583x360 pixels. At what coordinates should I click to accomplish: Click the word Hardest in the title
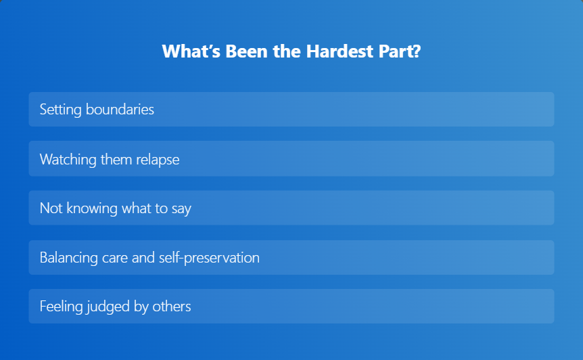coord(340,51)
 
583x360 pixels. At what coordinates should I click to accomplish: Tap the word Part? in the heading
coord(400,51)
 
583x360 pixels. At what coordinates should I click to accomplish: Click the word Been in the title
coord(246,51)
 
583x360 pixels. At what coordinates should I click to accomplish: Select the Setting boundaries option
coord(291,110)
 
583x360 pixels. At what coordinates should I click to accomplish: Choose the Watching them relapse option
coord(291,158)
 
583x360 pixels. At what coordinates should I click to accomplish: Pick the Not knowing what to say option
coord(291,208)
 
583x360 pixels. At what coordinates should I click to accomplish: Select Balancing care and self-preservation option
coord(291,257)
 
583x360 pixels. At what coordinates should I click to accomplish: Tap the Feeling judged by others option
coord(291,306)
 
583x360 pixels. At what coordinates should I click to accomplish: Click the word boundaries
coord(120,110)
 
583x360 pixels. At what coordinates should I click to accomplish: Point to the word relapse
coord(158,160)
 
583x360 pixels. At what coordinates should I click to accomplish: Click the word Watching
coord(68,160)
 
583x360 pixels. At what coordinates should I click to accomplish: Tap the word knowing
coord(92,208)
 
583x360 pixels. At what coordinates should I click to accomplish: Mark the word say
coord(181,209)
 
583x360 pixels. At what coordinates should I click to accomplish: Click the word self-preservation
coord(210,258)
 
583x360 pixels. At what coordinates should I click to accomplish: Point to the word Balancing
coord(69,258)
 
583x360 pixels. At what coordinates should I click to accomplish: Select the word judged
coord(108,307)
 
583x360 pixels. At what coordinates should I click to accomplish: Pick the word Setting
coord(61,110)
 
